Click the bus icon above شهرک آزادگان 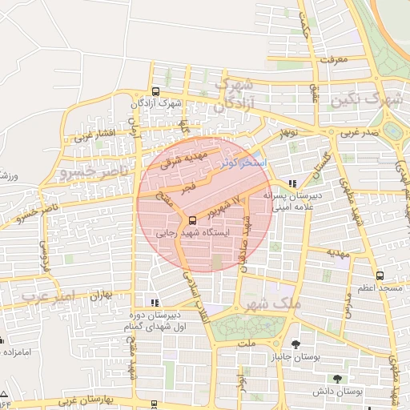[155, 90]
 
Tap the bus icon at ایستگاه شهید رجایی [192, 220]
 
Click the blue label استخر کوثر [243, 161]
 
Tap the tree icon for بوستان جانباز [296, 344]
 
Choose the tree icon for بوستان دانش [337, 378]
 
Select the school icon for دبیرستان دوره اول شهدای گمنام [155, 303]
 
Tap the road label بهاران [93, 296]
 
